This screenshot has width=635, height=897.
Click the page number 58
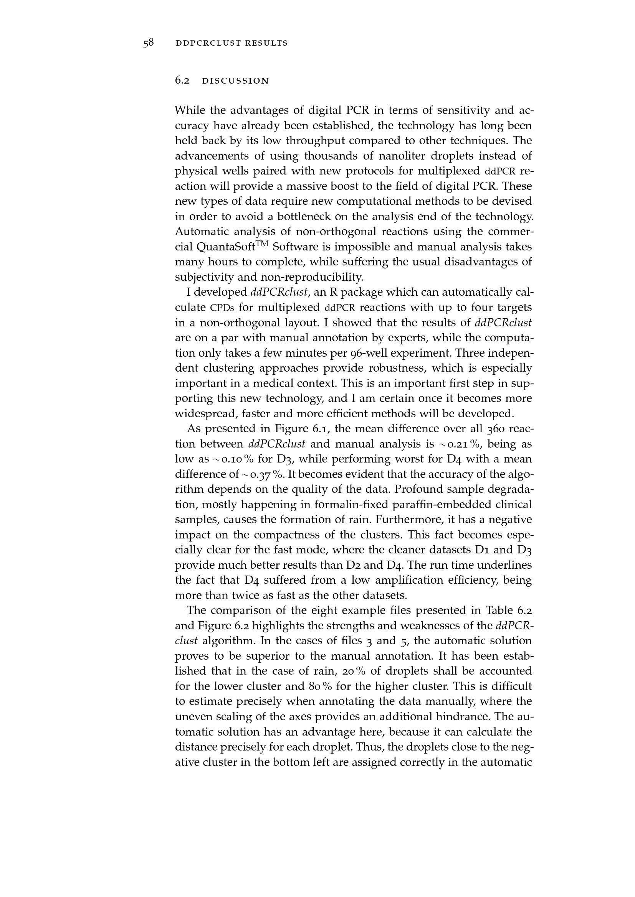click(x=148, y=43)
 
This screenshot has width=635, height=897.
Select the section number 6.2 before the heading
click(x=182, y=81)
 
